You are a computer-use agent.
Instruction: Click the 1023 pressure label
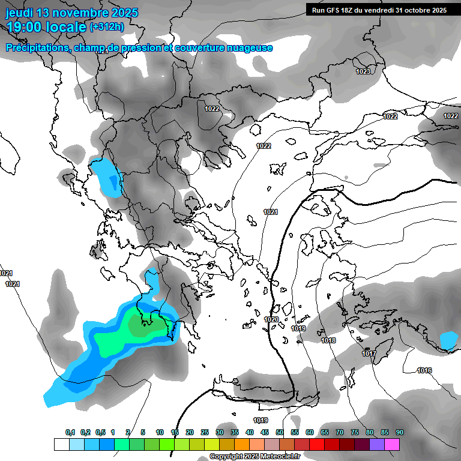[363, 71]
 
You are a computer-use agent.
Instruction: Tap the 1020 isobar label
[271, 319]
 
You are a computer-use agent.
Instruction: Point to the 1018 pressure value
[328, 340]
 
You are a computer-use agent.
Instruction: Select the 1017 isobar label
[369, 354]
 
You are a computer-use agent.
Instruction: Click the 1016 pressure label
[424, 370]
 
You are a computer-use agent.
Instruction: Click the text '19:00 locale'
[46, 26]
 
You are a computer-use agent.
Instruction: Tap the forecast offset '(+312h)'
[107, 26]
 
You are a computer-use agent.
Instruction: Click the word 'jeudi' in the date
[19, 13]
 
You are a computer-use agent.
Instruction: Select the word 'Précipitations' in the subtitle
[37, 47]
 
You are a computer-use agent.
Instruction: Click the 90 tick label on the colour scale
[399, 432]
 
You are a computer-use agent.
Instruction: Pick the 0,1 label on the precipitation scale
[70, 432]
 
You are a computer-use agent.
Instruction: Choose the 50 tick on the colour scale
[280, 432]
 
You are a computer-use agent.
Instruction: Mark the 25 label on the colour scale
[205, 432]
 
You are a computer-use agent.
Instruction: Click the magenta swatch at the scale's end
[392, 444]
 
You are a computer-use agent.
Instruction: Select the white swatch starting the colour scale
[61, 444]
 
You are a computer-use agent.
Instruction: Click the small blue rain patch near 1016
[448, 341]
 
